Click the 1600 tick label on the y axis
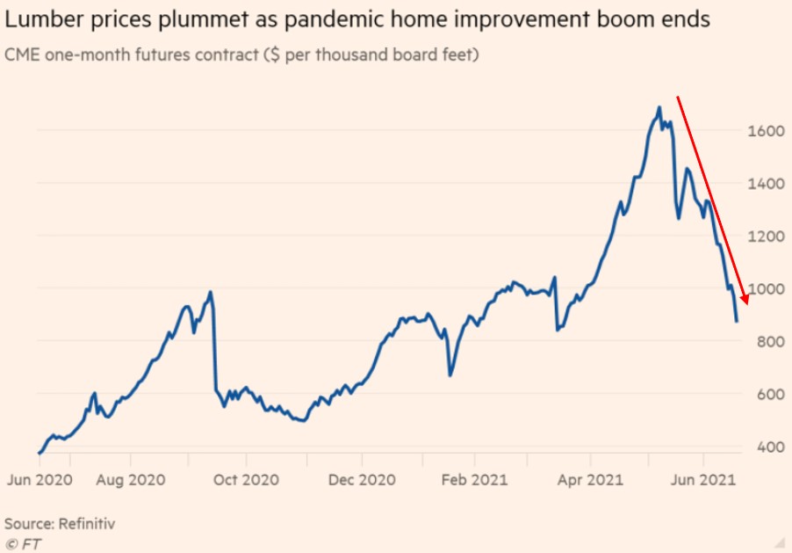tap(767, 131)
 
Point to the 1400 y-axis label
tap(767, 184)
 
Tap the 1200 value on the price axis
tap(767, 236)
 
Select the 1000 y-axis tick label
tap(767, 288)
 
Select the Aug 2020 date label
tap(130, 480)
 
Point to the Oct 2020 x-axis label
tap(246, 480)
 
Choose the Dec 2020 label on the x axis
tap(362, 480)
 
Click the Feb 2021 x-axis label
tap(474, 480)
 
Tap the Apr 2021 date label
tap(589, 480)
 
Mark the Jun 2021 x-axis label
tap(703, 480)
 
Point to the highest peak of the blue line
tap(659, 108)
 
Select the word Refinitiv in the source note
tap(87, 523)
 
